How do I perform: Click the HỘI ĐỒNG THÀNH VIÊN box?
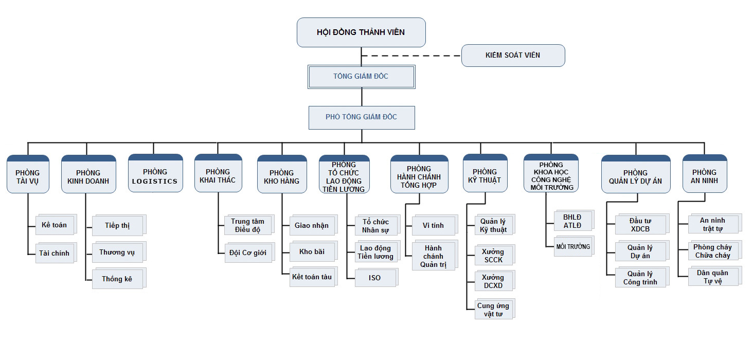pyautogui.click(x=361, y=32)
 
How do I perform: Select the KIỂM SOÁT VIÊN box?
pyautogui.click(x=513, y=56)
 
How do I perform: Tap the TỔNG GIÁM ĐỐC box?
pyautogui.click(x=362, y=77)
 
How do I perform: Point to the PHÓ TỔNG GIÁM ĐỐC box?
pyautogui.click(x=362, y=118)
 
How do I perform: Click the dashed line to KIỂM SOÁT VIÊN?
pyautogui.click(x=411, y=56)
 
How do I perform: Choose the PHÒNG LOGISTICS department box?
pyautogui.click(x=155, y=173)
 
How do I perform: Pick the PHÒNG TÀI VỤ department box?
pyautogui.click(x=28, y=174)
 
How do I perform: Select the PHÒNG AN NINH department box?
pyautogui.click(x=705, y=173)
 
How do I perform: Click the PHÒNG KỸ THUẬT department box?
pyautogui.click(x=485, y=173)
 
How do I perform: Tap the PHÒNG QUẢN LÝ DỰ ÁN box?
pyautogui.click(x=636, y=174)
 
